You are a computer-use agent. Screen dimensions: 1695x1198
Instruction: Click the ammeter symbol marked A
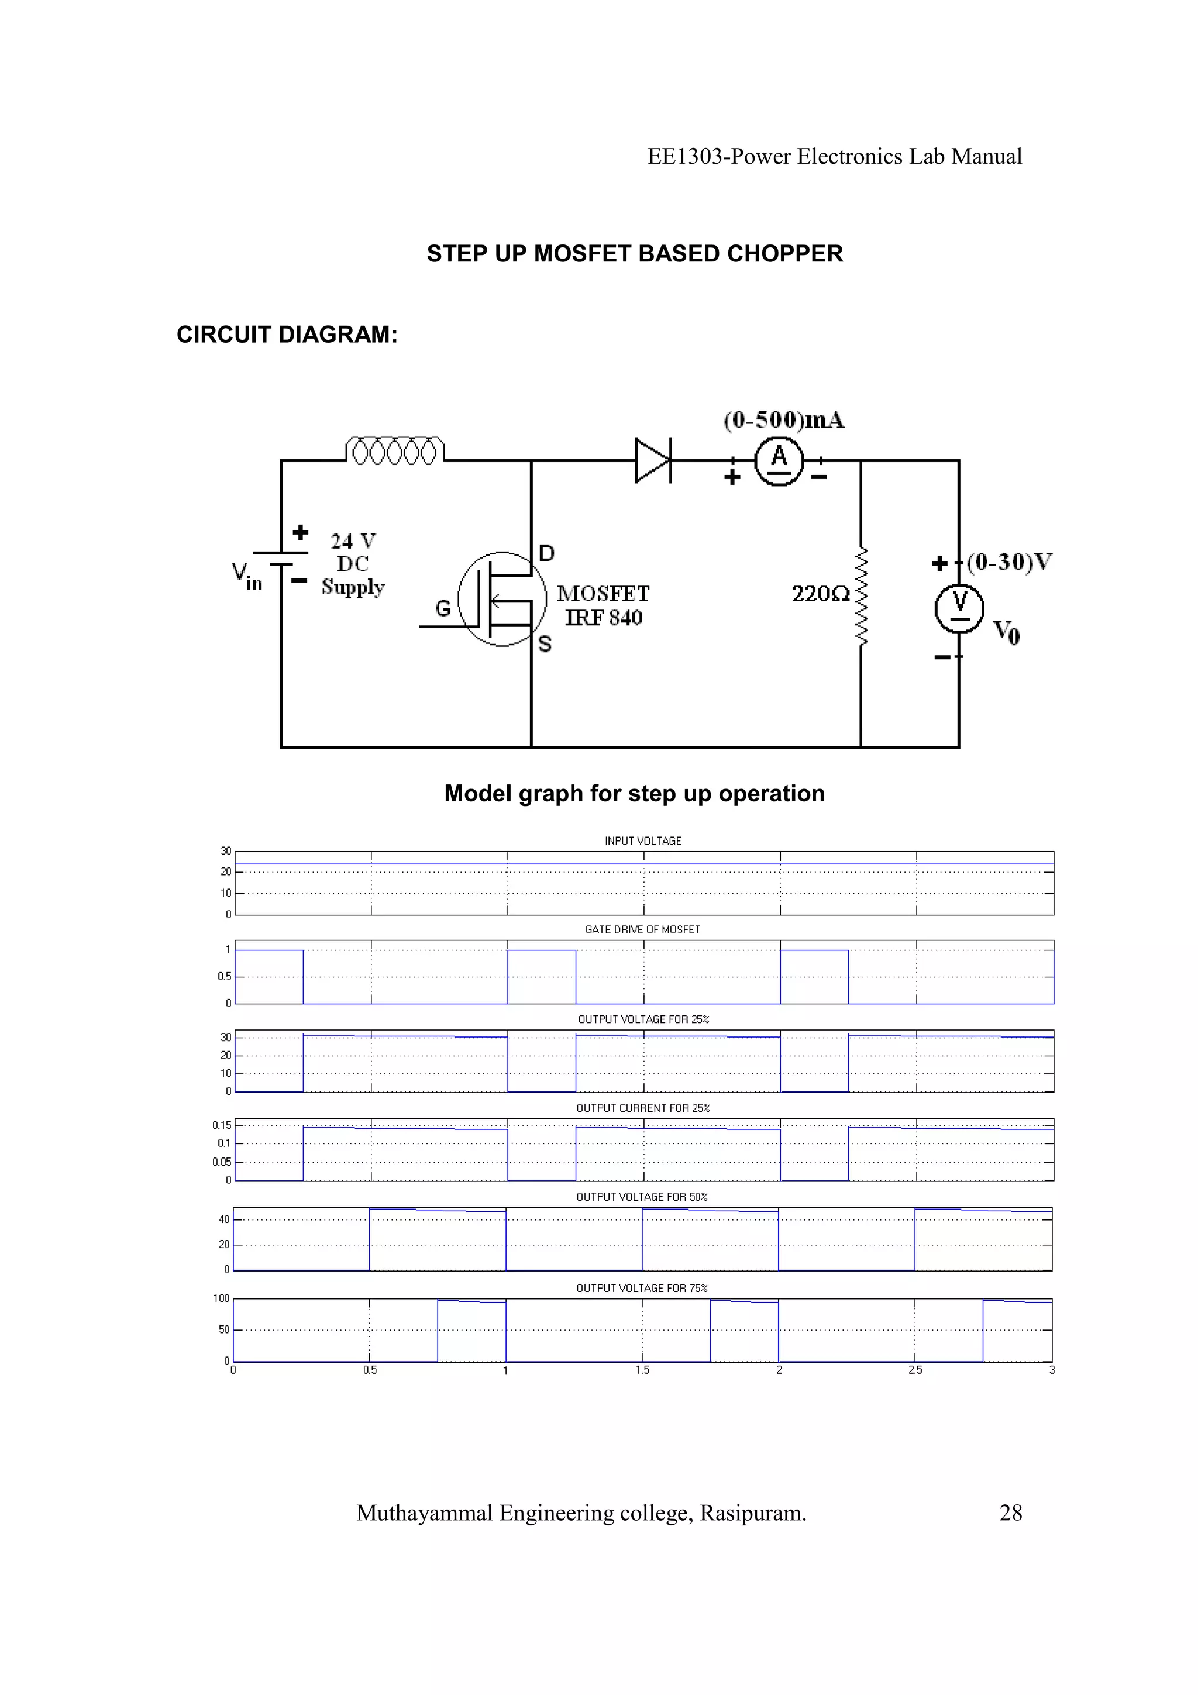point(779,461)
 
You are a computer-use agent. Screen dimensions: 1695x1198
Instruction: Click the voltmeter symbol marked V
point(959,608)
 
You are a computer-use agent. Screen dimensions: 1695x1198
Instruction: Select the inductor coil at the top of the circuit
point(395,451)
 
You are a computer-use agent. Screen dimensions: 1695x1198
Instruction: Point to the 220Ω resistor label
point(820,594)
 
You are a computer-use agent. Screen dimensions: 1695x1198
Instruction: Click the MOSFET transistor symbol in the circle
point(502,599)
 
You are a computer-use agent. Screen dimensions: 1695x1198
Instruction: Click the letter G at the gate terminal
point(443,608)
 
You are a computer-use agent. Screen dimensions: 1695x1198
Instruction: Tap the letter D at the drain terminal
point(546,553)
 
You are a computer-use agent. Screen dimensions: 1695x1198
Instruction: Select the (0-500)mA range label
point(784,420)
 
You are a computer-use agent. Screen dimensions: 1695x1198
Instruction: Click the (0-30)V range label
point(1009,562)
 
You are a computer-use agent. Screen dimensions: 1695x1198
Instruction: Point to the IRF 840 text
point(604,618)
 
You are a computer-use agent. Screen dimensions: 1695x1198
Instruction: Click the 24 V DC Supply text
point(353,564)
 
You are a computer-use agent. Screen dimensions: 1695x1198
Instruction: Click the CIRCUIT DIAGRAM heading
point(287,335)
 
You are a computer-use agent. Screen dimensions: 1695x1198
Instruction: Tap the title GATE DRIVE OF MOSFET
point(642,929)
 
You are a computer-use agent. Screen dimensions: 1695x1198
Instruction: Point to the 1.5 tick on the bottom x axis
point(642,1370)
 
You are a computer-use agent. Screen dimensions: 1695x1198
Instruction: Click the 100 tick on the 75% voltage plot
point(222,1298)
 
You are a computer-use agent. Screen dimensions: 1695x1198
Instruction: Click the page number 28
point(1010,1514)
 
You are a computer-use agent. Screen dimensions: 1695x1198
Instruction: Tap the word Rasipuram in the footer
point(752,1514)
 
